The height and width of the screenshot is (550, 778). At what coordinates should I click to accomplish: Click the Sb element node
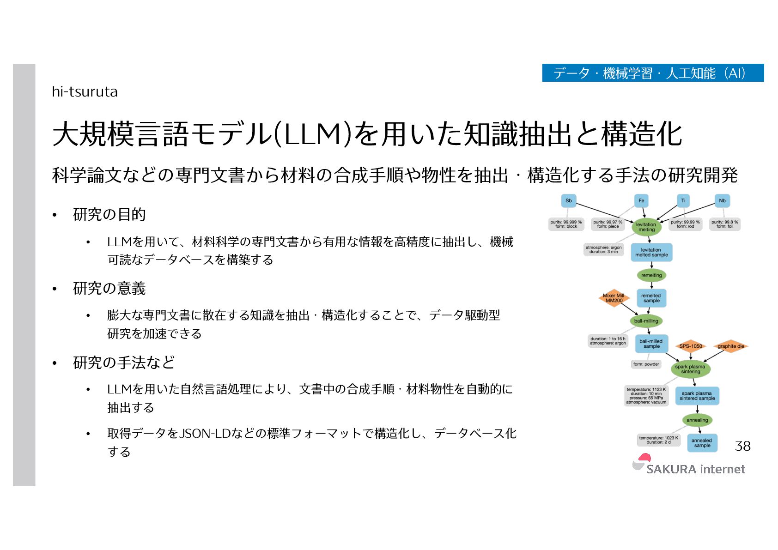[568, 200]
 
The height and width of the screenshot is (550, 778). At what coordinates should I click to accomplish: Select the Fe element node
[641, 200]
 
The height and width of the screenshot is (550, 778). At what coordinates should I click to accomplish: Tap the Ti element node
[683, 200]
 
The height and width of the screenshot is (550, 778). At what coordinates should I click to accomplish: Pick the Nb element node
[722, 200]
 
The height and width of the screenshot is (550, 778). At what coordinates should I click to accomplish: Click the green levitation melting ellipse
[646, 227]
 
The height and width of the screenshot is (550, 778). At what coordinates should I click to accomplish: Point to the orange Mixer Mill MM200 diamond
[614, 298]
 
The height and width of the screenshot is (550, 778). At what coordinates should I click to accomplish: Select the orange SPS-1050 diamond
[690, 346]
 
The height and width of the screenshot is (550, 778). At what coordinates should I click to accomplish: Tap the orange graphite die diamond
[730, 346]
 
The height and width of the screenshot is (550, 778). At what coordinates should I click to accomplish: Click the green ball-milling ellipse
[646, 321]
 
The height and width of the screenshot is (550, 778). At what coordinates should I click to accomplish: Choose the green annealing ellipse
[697, 420]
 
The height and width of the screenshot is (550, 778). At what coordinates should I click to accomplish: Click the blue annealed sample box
[702, 443]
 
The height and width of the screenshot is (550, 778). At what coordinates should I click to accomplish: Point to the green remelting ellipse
[651, 275]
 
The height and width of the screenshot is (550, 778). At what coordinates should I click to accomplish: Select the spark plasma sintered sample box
[697, 396]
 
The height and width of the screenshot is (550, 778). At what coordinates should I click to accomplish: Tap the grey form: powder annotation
[646, 364]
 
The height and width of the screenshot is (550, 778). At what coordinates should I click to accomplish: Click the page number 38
[742, 446]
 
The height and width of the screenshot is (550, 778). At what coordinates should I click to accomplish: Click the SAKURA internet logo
[688, 465]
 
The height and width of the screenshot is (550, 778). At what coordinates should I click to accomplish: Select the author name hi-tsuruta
[85, 92]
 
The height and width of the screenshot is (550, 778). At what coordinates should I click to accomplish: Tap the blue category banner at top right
[652, 73]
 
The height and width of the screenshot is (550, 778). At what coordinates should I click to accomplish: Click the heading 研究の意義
[109, 289]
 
